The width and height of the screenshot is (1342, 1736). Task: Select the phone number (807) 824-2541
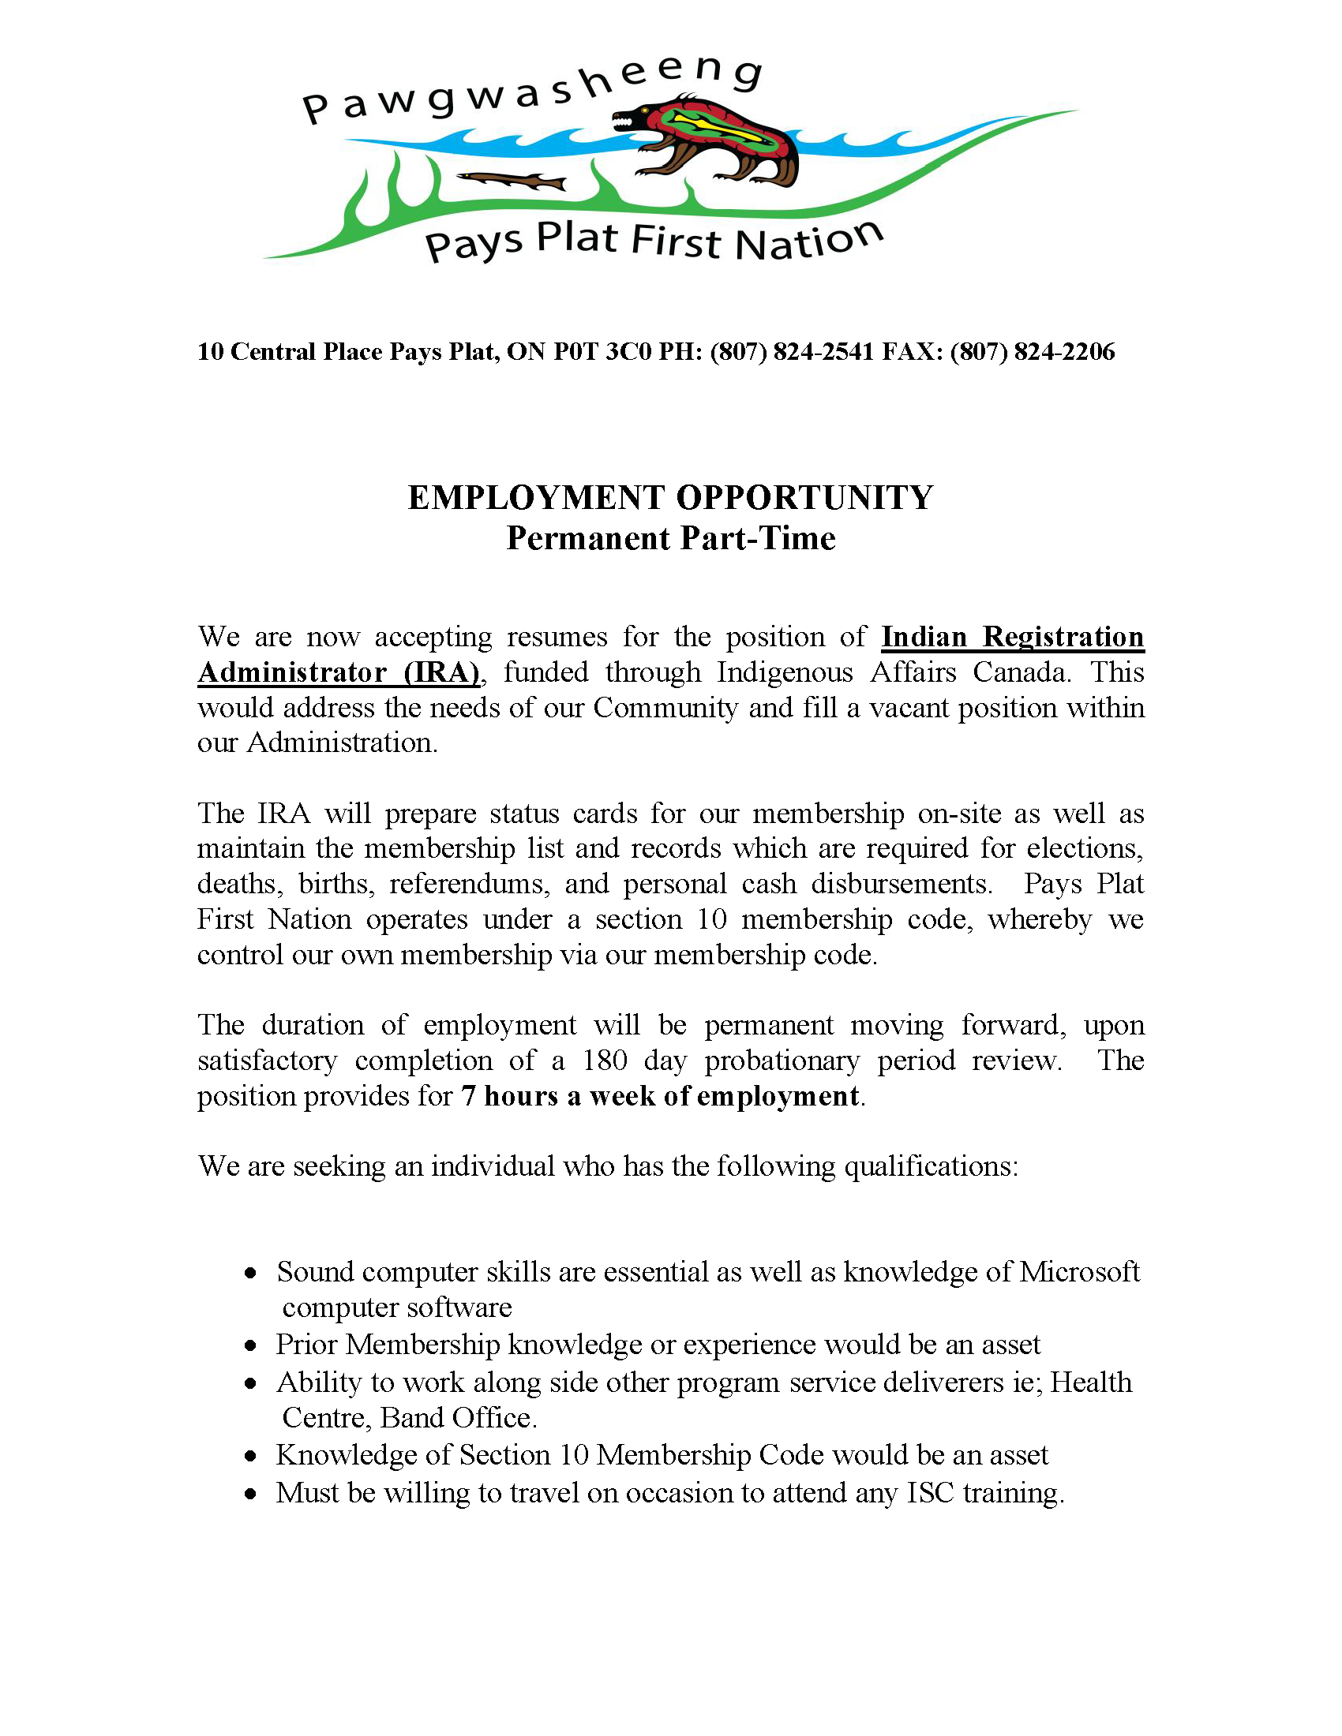[792, 351]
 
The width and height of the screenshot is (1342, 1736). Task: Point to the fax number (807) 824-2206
[1032, 351]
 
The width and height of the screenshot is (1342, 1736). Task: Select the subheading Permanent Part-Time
[671, 539]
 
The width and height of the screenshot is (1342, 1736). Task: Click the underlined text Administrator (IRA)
[339, 672]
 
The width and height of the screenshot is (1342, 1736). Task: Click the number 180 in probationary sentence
[604, 1061]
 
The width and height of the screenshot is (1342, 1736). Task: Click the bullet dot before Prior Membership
[251, 1346]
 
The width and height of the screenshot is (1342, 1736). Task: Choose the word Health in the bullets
[1091, 1382]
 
